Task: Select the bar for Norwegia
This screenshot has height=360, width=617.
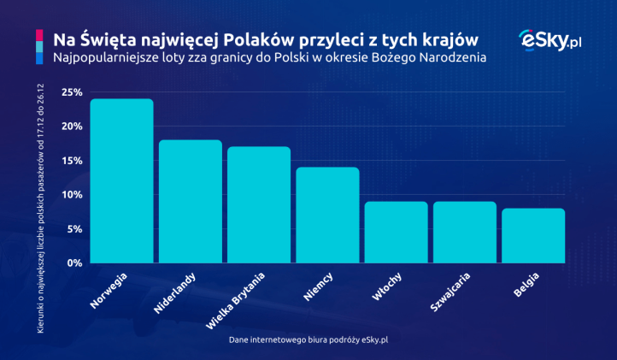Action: (121, 181)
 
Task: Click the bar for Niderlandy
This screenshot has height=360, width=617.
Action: (190, 202)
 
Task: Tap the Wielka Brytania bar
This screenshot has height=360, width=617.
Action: (258, 205)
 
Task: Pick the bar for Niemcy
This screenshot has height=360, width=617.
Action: (327, 215)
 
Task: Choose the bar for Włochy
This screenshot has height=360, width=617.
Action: (396, 233)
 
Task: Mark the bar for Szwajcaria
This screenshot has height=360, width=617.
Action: (464, 233)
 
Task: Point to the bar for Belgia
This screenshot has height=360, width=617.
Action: (533, 236)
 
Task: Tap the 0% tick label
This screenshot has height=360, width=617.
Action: (73, 263)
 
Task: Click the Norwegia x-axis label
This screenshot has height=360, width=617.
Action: (109, 290)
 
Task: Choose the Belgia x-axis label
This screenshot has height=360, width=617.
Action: (526, 286)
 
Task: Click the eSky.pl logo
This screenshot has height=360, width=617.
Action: (550, 40)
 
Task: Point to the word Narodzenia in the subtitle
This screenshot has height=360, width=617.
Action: (450, 59)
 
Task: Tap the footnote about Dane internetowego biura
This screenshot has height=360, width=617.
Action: (308, 339)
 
